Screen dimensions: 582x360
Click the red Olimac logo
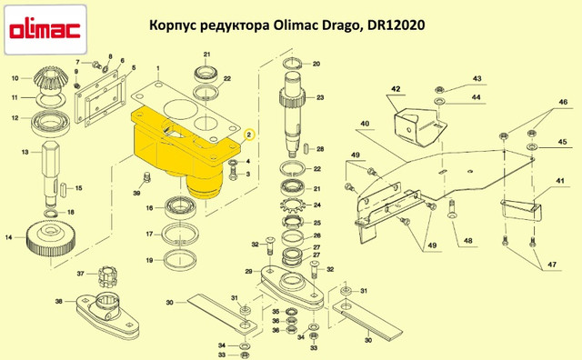(x=45, y=30)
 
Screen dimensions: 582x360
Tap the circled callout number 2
(x=249, y=135)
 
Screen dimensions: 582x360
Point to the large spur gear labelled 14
(x=51, y=241)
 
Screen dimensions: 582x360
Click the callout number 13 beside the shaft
(x=25, y=152)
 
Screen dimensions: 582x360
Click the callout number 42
(x=396, y=89)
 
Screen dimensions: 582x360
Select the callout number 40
(x=365, y=124)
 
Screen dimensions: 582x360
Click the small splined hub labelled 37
(x=106, y=276)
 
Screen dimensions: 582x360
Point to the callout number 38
(x=58, y=301)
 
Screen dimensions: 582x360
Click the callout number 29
(x=248, y=272)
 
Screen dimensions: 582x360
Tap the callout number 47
(x=552, y=265)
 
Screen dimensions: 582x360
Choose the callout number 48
(x=468, y=241)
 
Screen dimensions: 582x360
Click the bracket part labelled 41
(x=520, y=210)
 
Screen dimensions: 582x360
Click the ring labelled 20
(x=293, y=64)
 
